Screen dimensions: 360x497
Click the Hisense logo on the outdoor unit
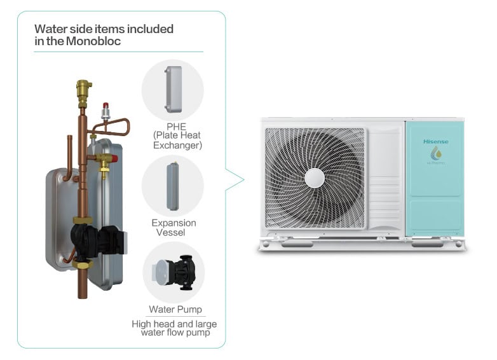(x=435, y=141)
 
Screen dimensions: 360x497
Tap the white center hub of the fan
(x=315, y=178)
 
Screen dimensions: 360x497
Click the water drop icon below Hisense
(x=436, y=153)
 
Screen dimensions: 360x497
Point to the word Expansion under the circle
(x=174, y=223)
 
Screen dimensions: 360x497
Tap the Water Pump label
(x=175, y=310)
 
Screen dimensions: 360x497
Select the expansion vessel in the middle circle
(x=173, y=186)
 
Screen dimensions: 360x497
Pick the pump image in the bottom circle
(x=173, y=272)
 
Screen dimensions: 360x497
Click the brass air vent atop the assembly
(x=83, y=92)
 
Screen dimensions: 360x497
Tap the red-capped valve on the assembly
(x=106, y=111)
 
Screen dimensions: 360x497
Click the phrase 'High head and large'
(x=174, y=324)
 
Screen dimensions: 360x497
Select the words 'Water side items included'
(x=104, y=29)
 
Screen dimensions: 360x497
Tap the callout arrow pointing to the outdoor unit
(x=236, y=180)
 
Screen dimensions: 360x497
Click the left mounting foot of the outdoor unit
(x=295, y=243)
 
